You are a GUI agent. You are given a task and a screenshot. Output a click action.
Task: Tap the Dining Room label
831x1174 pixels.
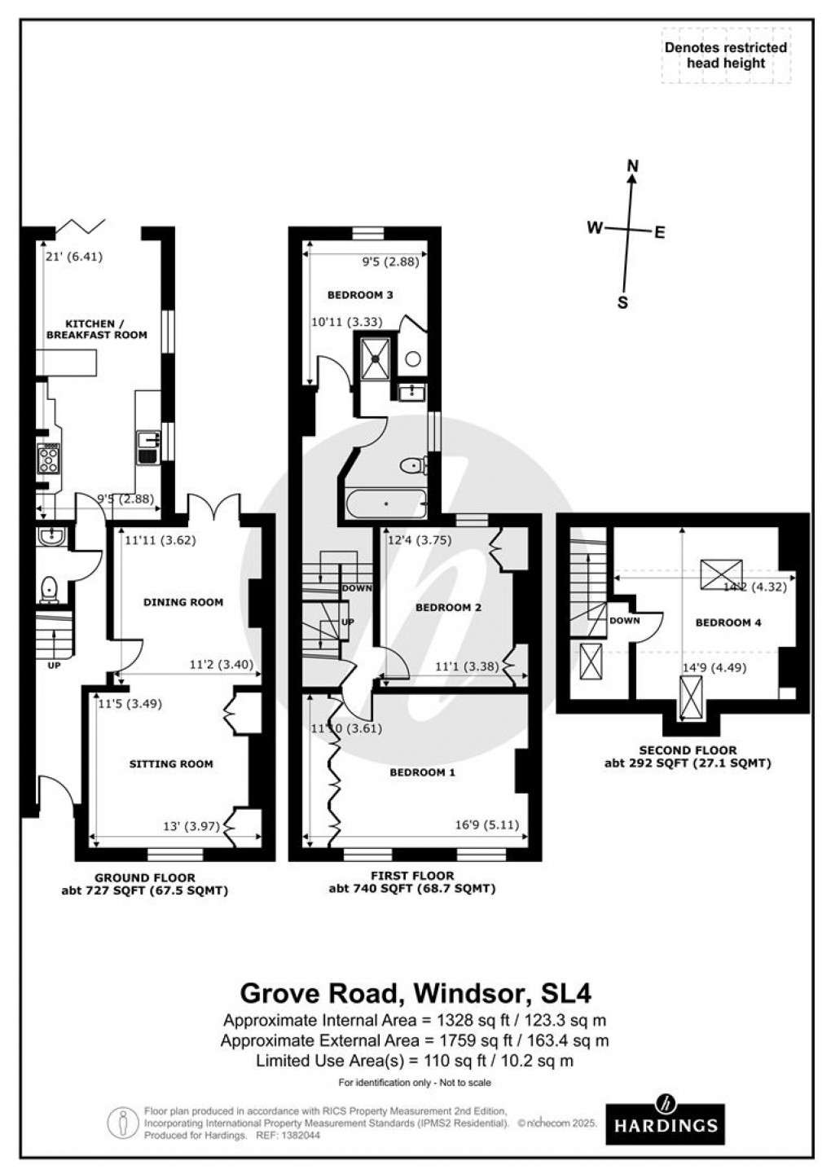point(182,602)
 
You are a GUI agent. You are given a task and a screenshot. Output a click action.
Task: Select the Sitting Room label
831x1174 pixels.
point(171,763)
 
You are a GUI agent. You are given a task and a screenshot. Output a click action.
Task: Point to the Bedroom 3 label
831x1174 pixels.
point(360,295)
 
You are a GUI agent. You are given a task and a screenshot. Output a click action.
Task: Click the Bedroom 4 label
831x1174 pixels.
point(728,622)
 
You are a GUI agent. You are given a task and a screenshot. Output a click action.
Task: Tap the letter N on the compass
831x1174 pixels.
point(632,167)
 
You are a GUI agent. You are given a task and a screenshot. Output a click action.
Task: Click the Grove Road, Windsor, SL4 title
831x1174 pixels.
point(415,993)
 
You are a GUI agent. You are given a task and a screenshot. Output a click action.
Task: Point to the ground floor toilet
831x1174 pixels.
point(50,588)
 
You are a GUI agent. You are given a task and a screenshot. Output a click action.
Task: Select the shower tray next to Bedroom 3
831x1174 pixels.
point(376,358)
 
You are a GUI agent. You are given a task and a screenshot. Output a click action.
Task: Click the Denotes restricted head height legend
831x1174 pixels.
point(725,55)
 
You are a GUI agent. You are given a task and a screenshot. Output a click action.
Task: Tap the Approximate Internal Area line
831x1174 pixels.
point(415,1020)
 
